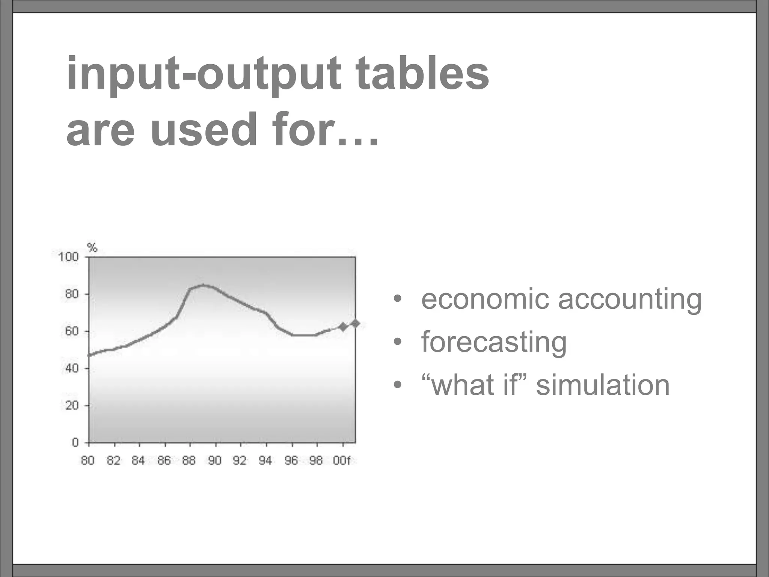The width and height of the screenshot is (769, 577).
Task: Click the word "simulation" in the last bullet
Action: (603, 385)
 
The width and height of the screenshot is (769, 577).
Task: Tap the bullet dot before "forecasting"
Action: (397, 342)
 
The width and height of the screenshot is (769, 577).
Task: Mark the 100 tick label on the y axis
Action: (68, 257)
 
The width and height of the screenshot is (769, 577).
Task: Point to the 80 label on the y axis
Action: (72, 294)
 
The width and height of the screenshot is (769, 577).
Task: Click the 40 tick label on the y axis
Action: (72, 368)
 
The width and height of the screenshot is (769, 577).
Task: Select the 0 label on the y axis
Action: (75, 442)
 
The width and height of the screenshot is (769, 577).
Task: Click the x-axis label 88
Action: (189, 461)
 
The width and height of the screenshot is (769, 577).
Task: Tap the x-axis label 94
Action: (265, 461)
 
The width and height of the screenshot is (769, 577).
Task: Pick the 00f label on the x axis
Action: (341, 461)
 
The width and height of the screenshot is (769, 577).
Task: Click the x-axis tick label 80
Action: (87, 461)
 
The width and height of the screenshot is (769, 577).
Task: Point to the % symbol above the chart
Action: (92, 248)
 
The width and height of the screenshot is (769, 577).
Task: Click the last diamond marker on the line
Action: (355, 323)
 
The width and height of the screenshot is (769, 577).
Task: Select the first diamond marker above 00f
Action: (342, 327)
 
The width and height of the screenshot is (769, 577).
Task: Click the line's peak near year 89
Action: (203, 285)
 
